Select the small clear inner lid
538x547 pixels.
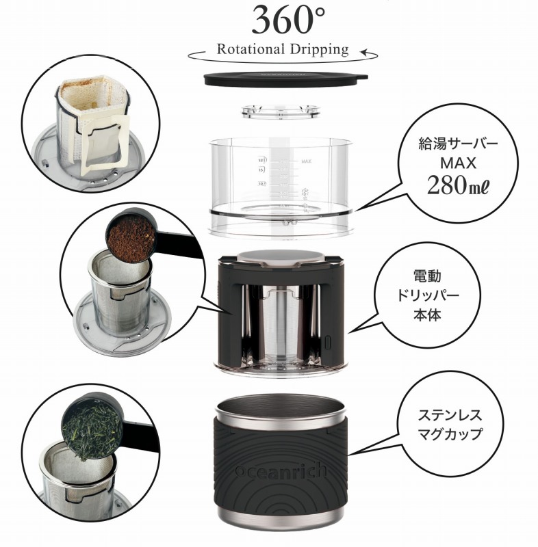pyautogui.click(x=281, y=112)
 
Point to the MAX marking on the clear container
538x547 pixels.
pyautogui.click(x=306, y=161)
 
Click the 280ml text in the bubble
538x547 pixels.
pyautogui.click(x=455, y=185)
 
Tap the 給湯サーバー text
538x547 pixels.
pyautogui.click(x=455, y=144)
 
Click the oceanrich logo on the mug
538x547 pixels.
pyautogui.click(x=281, y=472)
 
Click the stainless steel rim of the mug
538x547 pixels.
pyautogui.click(x=281, y=408)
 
